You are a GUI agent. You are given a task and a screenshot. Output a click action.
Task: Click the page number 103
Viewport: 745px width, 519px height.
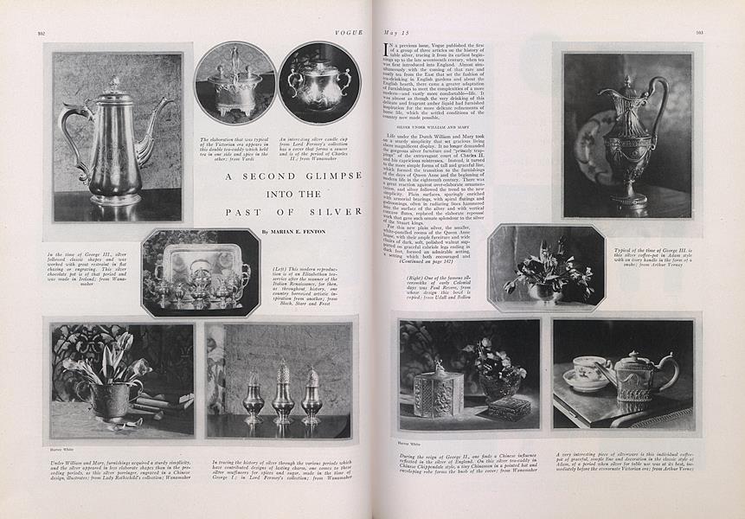(698, 34)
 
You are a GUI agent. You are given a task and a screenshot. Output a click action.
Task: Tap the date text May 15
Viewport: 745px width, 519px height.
(395, 33)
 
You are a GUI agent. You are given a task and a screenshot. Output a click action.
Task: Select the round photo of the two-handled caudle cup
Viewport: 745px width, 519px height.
(319, 84)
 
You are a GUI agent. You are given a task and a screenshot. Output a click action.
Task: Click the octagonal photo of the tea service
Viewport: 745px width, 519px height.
(201, 272)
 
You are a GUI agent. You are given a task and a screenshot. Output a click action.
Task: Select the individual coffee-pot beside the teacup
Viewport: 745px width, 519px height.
(637, 377)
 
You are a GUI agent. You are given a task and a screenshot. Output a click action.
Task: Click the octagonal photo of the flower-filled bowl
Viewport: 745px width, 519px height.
(545, 268)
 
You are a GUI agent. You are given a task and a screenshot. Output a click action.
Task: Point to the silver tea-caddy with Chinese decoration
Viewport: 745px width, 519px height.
(437, 391)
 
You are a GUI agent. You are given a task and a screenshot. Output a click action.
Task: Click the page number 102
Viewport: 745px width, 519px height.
(42, 33)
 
